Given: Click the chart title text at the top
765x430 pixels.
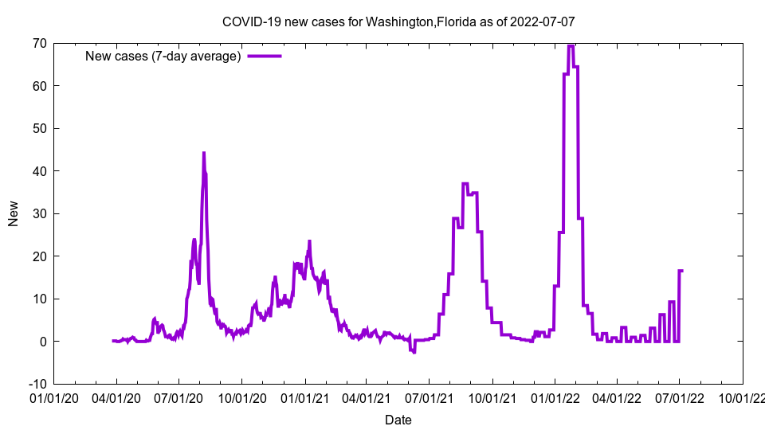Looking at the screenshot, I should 398,21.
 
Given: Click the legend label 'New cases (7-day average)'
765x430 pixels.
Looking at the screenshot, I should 163,56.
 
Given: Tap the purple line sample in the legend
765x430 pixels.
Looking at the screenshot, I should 265,56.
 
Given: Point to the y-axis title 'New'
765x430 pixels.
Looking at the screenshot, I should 14,213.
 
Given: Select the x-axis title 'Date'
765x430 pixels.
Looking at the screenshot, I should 398,420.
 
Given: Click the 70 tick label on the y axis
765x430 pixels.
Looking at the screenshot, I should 38,43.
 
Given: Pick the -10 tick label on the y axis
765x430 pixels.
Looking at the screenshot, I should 37,384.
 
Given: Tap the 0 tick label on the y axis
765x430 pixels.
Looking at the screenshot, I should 42,342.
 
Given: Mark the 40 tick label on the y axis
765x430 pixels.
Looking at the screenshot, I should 38,171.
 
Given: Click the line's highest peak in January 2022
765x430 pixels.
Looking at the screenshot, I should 571,45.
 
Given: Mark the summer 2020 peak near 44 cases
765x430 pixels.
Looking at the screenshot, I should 203,153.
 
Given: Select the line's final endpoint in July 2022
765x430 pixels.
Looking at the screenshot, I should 682,271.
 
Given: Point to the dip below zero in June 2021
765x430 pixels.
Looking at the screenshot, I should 414,351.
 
